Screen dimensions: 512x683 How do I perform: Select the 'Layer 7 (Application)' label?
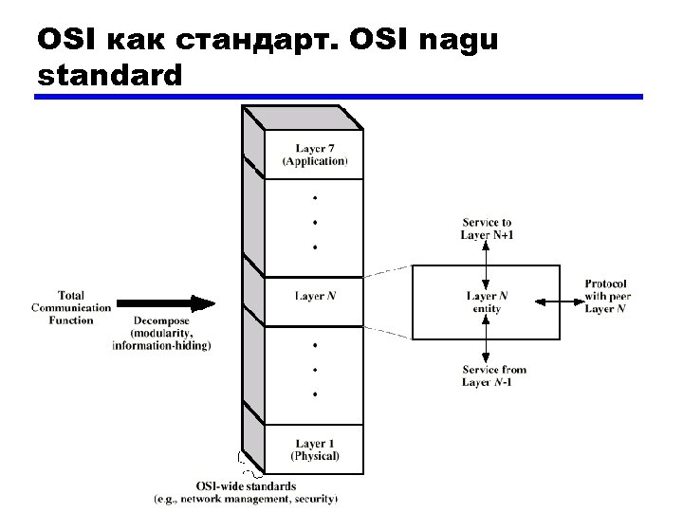[x=314, y=155]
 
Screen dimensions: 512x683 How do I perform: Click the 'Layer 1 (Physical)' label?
[x=314, y=449]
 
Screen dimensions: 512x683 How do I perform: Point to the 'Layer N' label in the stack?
[x=314, y=297]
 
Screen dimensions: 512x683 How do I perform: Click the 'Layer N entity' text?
[x=487, y=302]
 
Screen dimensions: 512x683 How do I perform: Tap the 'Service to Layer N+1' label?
[x=487, y=229]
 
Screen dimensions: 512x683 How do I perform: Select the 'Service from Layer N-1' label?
[x=493, y=375]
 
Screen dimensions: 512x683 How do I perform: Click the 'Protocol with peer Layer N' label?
[x=607, y=297]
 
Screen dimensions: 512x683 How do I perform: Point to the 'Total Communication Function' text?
[x=71, y=307]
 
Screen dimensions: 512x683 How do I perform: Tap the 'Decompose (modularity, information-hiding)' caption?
[x=161, y=333]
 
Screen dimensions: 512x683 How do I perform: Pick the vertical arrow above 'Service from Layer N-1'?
[x=486, y=338]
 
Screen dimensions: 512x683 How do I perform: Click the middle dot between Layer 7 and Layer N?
[x=314, y=223]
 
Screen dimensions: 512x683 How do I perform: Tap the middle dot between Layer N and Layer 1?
[x=314, y=369]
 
